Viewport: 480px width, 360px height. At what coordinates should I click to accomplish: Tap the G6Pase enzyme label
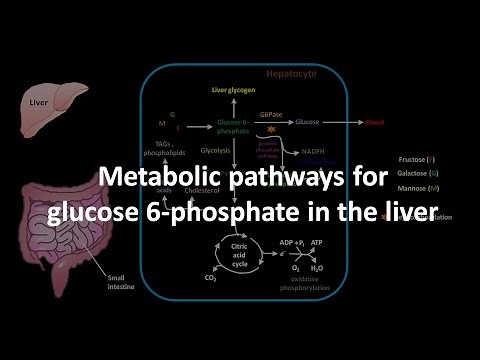[271, 116]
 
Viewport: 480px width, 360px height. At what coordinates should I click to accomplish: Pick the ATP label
[317, 241]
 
